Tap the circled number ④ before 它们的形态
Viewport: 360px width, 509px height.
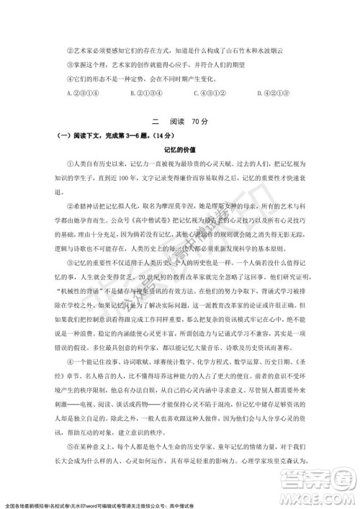click(x=68, y=78)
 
